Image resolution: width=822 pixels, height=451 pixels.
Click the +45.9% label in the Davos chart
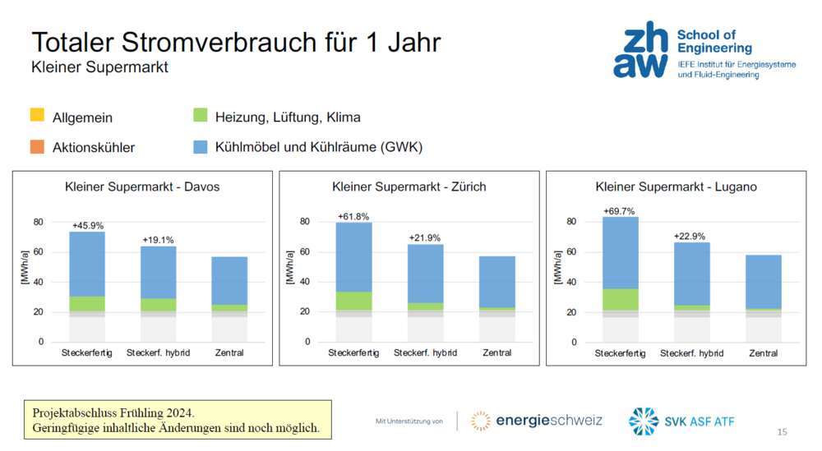tap(88, 225)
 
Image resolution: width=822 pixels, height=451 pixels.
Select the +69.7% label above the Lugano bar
tap(619, 211)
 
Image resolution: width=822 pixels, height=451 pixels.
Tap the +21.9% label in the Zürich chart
tap(425, 238)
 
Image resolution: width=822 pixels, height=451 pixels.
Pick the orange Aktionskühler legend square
tap(37, 147)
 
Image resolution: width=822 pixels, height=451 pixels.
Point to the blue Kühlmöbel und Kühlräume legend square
tap(201, 147)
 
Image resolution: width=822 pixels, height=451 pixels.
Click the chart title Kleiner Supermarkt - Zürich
tap(409, 187)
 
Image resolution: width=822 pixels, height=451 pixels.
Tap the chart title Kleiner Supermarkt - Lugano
tap(676, 187)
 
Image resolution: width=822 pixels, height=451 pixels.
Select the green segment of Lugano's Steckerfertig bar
tap(621, 299)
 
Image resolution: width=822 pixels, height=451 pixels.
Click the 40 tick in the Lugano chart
tap(572, 283)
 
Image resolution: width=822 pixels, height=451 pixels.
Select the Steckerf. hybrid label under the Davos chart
tap(158, 353)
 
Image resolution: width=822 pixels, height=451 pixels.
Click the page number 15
tap(782, 432)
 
